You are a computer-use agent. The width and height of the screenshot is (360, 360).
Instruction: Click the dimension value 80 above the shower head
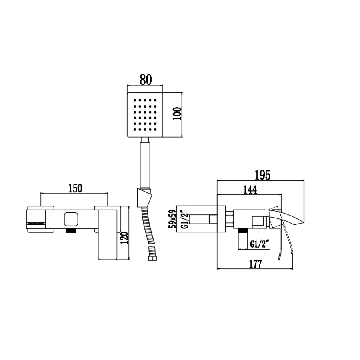pyautogui.click(x=145, y=79)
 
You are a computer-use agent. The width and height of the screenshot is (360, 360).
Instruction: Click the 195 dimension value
pyautogui.click(x=262, y=175)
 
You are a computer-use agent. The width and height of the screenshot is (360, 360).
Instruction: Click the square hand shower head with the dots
pyautogui.click(x=146, y=115)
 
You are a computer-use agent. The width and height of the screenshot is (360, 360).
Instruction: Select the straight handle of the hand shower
pyautogui.click(x=146, y=164)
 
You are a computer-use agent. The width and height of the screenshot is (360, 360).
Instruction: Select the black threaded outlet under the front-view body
pyautogui.click(x=71, y=232)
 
